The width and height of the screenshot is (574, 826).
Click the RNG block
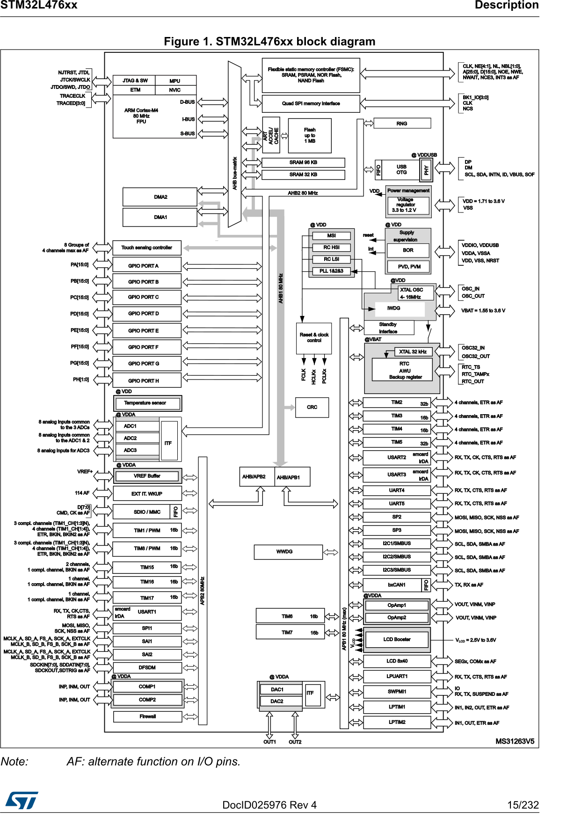402,124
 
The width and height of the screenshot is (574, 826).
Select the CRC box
312,407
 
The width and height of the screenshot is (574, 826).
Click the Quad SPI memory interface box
311,103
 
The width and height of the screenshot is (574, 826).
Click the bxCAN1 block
397,585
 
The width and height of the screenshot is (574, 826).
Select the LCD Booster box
397,639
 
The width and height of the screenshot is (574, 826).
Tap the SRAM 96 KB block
303,162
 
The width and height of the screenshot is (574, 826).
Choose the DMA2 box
160,197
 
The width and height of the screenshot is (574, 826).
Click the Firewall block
147,716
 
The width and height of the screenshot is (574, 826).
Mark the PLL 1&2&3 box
331,271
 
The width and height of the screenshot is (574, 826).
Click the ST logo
22,800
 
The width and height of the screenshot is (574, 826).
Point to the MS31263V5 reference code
515,741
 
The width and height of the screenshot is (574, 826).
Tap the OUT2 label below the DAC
295,742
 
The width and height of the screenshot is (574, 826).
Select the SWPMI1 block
397,692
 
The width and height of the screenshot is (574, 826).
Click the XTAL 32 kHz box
413,351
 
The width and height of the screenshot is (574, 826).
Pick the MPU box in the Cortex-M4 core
175,81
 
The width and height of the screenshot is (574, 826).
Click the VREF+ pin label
85,472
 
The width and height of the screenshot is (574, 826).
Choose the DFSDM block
147,668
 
